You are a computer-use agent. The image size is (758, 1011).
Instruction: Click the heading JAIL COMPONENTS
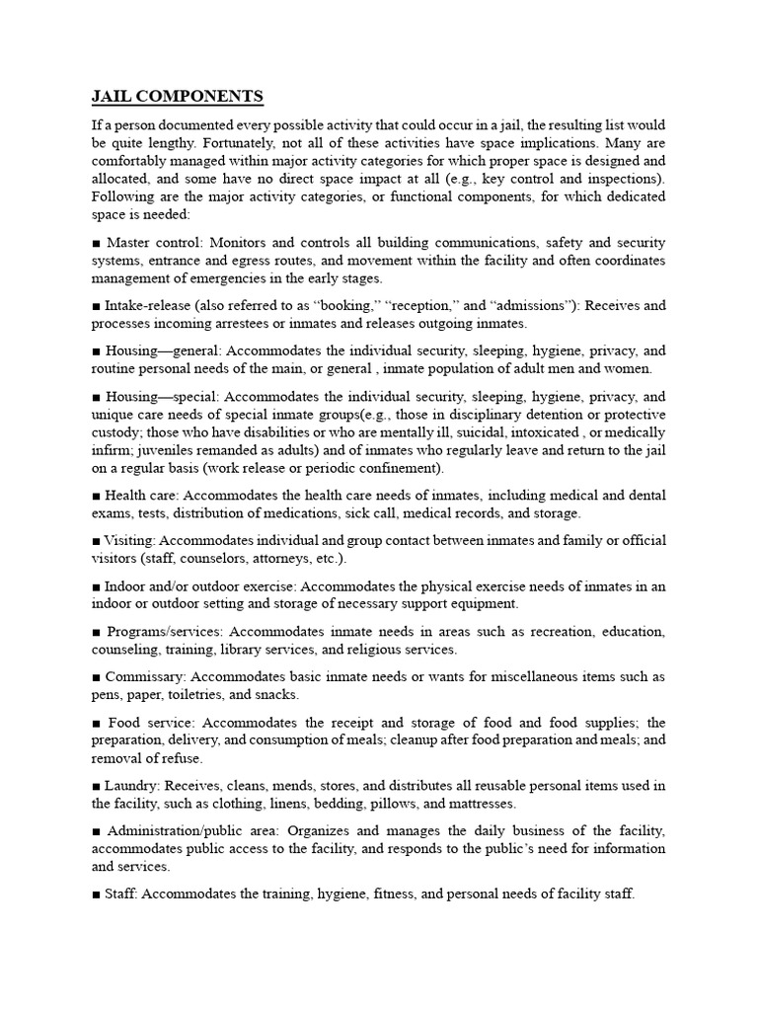(x=178, y=97)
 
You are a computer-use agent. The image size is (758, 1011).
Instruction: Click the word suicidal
(x=518, y=432)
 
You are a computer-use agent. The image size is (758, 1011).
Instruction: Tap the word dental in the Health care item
(x=646, y=496)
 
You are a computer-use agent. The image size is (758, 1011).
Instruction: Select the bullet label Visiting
(x=130, y=541)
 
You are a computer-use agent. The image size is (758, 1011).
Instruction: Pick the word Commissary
(x=145, y=677)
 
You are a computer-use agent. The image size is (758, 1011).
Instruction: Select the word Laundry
(x=133, y=786)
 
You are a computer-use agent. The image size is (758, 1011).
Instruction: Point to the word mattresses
(x=482, y=804)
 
